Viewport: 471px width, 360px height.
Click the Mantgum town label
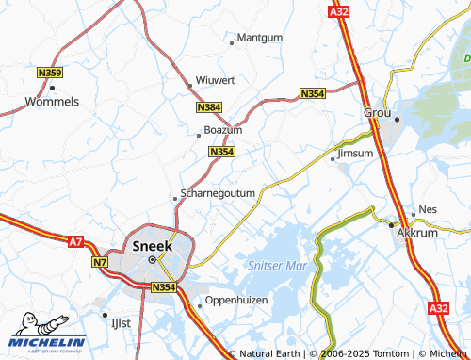[260, 40]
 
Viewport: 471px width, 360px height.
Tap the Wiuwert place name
[215, 81]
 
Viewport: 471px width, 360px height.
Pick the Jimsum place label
[355, 153]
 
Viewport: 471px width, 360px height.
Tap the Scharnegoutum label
[218, 192]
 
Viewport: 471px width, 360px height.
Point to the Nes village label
[428, 210]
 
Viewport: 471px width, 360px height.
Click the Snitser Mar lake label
[272, 267]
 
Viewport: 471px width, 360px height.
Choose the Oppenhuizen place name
[236, 301]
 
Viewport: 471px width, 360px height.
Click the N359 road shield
[50, 73]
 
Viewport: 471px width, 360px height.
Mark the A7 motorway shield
[76, 242]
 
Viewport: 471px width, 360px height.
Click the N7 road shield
[101, 263]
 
